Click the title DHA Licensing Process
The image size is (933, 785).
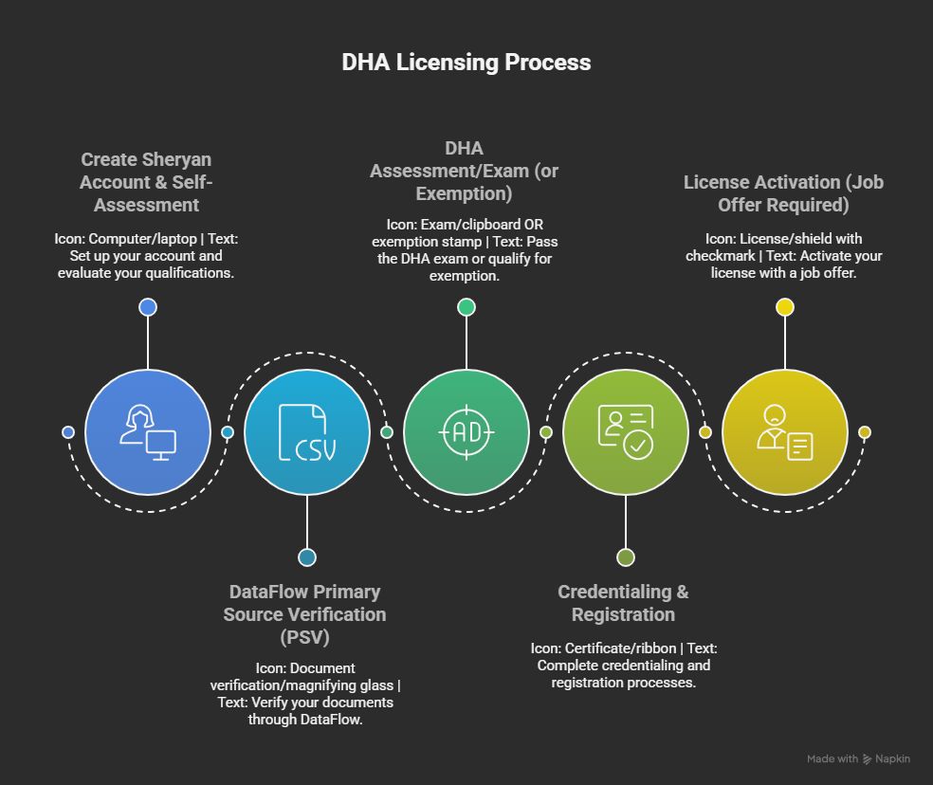click(466, 63)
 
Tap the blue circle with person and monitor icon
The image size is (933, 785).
click(148, 432)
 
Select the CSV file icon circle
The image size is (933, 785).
click(307, 432)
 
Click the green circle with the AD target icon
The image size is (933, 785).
click(466, 432)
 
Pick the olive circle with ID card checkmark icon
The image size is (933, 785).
click(626, 432)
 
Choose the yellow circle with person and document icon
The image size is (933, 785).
click(785, 432)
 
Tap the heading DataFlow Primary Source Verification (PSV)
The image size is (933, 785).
click(304, 614)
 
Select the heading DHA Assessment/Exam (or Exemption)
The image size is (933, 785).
click(465, 171)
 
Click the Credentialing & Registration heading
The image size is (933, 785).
click(623, 603)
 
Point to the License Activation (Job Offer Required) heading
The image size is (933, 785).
click(783, 193)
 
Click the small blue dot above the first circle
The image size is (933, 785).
click(148, 307)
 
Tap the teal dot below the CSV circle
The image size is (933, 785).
click(307, 557)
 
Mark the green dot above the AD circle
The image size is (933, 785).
click(466, 307)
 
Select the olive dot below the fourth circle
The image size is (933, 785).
click(626, 557)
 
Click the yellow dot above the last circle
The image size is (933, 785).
click(785, 307)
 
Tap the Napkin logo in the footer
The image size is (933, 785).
click(867, 759)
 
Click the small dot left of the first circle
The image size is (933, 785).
click(68, 432)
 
